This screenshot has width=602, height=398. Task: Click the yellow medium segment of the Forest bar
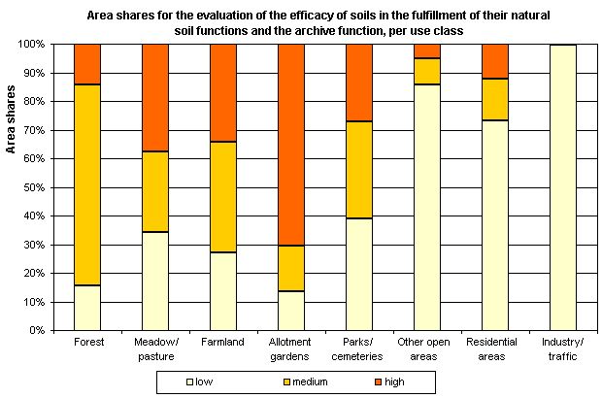click(87, 184)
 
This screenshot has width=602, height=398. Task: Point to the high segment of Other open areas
click(426, 50)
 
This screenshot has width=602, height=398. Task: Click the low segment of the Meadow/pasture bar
click(155, 281)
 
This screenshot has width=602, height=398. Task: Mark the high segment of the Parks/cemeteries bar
click(358, 83)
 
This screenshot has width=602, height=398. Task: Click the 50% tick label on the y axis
click(31, 187)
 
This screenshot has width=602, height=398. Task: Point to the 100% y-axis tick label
click(28, 45)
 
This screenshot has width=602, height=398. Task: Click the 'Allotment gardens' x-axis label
click(291, 348)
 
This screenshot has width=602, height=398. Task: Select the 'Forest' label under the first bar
click(87, 343)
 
